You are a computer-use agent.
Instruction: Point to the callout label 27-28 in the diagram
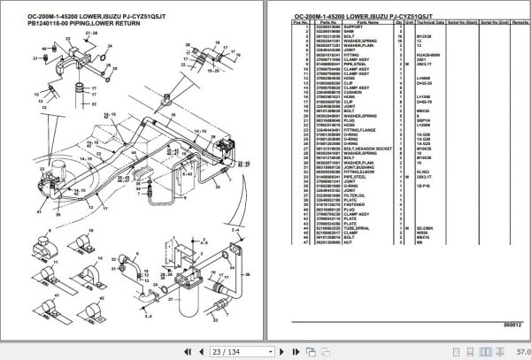[92, 31]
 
